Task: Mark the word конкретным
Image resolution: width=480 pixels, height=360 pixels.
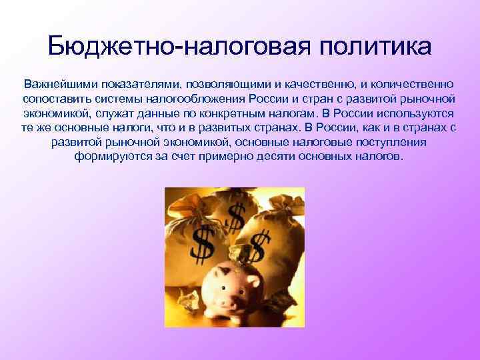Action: pos(235,114)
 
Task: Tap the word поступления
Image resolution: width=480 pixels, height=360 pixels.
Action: pos(390,143)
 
